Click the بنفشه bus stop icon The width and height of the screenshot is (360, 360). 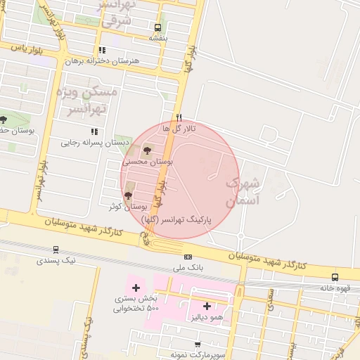click(157, 28)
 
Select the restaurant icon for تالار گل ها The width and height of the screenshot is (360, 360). click(179, 118)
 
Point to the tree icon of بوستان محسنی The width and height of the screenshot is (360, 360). click(147, 150)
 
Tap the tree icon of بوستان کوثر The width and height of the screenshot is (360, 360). click(127, 196)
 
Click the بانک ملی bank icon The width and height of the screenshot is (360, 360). click(188, 257)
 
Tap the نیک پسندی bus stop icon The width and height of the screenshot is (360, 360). click(56, 249)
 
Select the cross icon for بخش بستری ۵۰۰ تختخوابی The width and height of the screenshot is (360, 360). click(136, 287)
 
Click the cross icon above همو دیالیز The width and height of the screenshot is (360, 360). click(207, 306)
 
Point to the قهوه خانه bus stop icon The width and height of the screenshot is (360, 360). click(335, 277)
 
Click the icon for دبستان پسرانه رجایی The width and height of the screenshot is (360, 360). click(94, 131)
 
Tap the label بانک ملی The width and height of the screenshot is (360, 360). click(188, 268)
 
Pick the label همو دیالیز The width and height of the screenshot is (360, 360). click(207, 317)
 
